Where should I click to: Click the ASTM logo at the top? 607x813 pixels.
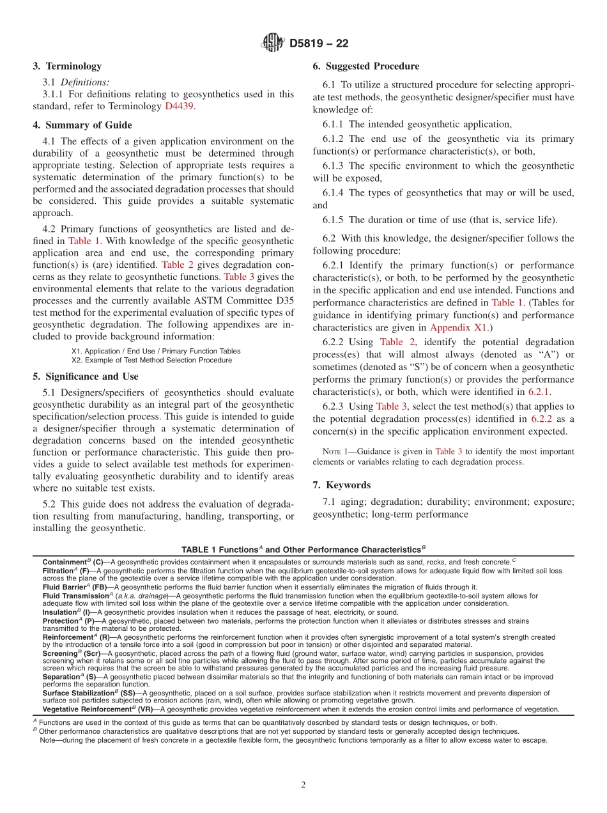click(273, 43)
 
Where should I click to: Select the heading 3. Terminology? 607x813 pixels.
click(67, 66)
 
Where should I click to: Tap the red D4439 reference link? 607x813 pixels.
click(179, 106)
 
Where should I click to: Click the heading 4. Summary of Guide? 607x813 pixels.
click(82, 125)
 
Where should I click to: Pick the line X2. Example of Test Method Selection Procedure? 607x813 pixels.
click(151, 360)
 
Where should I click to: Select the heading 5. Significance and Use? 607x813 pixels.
click(86, 376)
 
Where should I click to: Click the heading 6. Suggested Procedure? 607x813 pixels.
click(365, 66)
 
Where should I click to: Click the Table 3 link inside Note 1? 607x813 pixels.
click(450, 451)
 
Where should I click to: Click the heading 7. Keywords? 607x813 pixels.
click(341, 485)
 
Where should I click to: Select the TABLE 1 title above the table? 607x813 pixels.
click(303, 549)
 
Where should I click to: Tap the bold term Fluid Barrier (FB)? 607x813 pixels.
click(74, 587)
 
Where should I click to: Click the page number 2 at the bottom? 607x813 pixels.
click(303, 786)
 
